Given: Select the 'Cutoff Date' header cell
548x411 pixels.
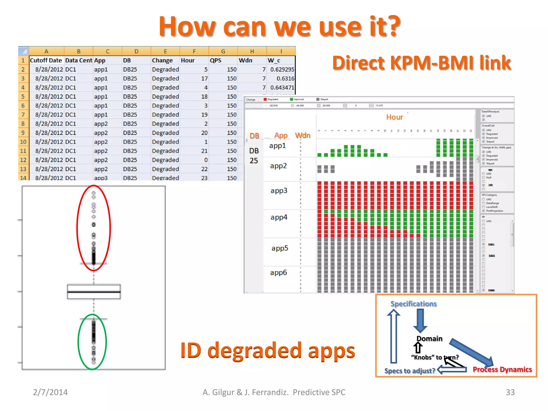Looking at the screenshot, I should pyautogui.click(x=46, y=60).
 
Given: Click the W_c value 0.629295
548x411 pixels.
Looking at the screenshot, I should pyautogui.click(x=282, y=70).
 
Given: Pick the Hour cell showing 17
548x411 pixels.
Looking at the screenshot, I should pyautogui.click(x=204, y=79).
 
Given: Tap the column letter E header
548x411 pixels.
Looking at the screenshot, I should pyautogui.click(x=165, y=51).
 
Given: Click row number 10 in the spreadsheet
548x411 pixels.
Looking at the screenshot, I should pyautogui.click(x=23, y=142).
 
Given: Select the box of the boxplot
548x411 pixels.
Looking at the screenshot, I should pyautogui.click(x=94, y=292).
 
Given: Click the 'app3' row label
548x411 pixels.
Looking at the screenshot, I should pyautogui.click(x=279, y=191).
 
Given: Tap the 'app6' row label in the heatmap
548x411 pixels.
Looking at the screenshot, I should pyautogui.click(x=278, y=272).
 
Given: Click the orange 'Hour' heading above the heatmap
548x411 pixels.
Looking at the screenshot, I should pyautogui.click(x=394, y=117).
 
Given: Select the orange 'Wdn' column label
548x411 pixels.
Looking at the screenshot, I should pyautogui.click(x=303, y=135).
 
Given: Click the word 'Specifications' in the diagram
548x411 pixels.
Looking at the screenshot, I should pyautogui.click(x=413, y=304).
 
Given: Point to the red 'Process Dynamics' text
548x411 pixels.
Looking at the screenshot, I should pyautogui.click(x=502, y=370).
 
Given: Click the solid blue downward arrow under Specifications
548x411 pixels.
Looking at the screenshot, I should pyautogui.click(x=420, y=321).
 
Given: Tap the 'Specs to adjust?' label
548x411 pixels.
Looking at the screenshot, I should pyautogui.click(x=409, y=371).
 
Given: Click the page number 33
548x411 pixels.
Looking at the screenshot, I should pyautogui.click(x=510, y=392).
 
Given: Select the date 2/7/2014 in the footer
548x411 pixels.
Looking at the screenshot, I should pyautogui.click(x=50, y=392).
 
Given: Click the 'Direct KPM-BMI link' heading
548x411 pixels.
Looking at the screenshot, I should pyautogui.click(x=421, y=63).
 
